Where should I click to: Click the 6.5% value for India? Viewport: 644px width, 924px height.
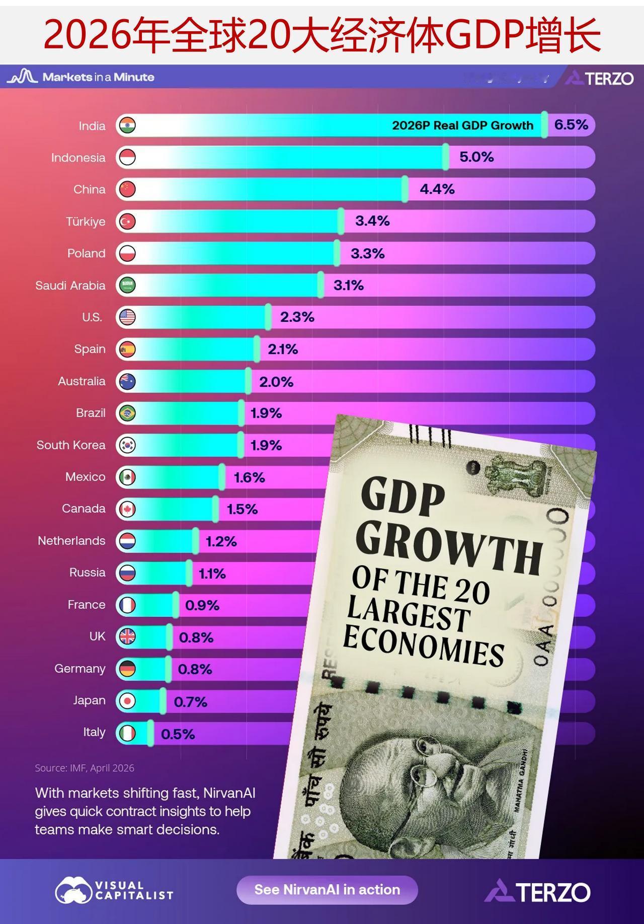click(571, 125)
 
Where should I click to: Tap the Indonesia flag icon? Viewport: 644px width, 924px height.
click(127, 158)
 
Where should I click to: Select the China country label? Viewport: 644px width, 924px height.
click(90, 189)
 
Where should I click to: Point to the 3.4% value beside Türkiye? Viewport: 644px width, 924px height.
click(372, 221)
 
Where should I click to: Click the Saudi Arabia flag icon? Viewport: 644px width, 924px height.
click(127, 286)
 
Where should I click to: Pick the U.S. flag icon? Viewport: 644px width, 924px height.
click(127, 317)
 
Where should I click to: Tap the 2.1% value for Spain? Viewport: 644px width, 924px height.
click(283, 349)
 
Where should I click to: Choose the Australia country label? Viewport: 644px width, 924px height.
click(82, 381)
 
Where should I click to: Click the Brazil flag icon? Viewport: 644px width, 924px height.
click(127, 413)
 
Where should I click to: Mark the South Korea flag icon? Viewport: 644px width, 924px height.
click(127, 445)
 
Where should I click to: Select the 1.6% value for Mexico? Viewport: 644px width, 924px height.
click(250, 477)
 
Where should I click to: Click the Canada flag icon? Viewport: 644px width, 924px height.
click(127, 509)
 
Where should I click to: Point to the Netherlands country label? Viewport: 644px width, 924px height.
click(71, 541)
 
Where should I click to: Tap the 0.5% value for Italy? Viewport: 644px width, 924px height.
click(178, 734)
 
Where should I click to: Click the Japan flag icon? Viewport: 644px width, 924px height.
click(127, 701)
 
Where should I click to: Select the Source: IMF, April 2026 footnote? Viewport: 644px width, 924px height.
click(85, 768)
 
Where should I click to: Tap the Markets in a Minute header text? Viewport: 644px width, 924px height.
click(98, 77)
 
